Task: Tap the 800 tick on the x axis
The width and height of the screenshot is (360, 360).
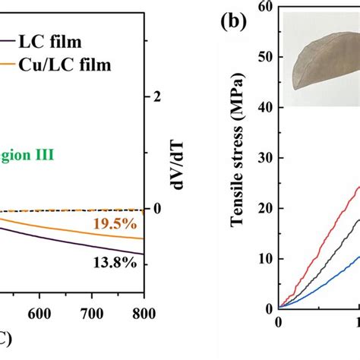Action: coord(143,322)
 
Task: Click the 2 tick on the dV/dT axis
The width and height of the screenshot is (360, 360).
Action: coord(158,96)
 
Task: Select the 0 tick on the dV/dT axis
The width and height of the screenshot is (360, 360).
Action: coord(158,209)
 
